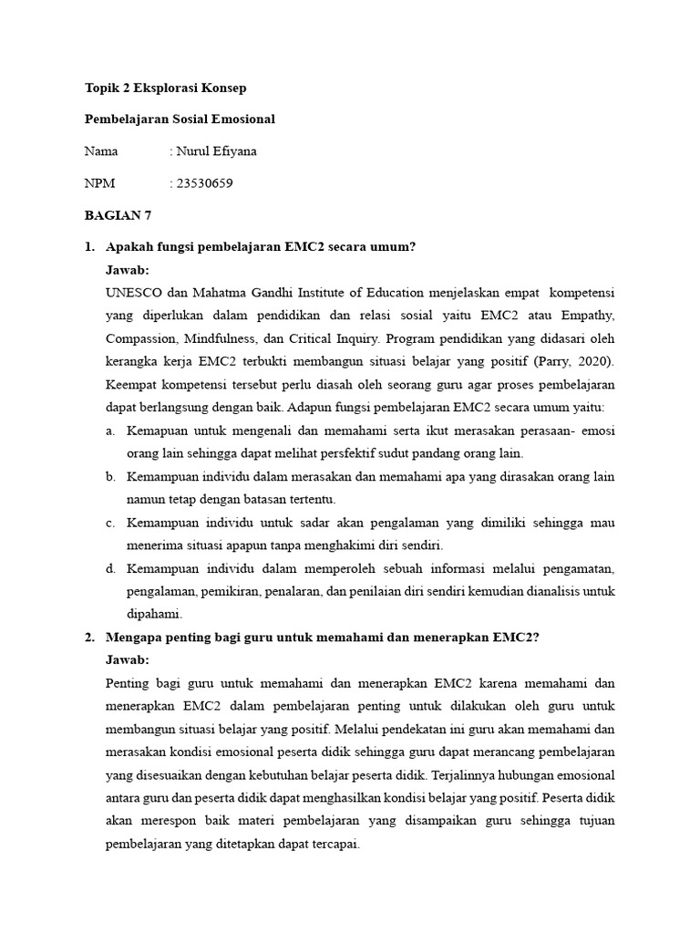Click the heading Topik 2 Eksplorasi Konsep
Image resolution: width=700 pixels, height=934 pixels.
click(x=165, y=88)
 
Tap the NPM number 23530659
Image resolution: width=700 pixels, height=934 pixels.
click(x=205, y=183)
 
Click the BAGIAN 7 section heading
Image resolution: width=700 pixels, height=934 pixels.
click(x=118, y=215)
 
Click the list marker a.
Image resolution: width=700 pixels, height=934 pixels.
click(x=110, y=430)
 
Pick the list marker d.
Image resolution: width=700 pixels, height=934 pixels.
click(x=110, y=568)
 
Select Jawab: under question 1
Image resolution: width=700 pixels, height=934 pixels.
click(x=129, y=270)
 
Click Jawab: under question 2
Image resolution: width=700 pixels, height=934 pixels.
click(x=129, y=660)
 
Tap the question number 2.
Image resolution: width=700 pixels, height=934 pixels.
click(x=88, y=638)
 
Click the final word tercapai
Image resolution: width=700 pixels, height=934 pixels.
click(x=333, y=845)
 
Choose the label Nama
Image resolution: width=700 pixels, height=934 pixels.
click(x=101, y=151)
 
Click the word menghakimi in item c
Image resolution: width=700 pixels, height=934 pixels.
click(x=333, y=545)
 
